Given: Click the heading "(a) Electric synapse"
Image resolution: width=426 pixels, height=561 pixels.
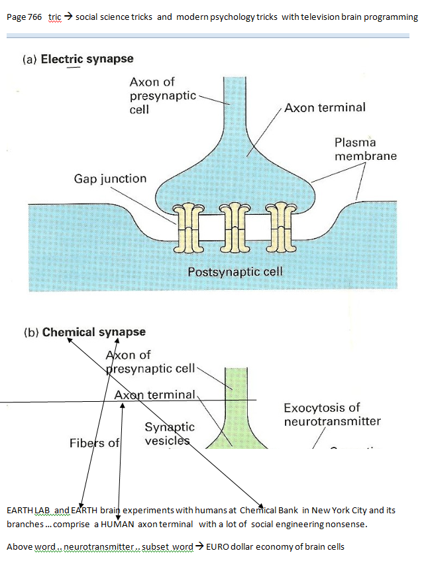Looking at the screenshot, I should pyautogui.click(x=78, y=59).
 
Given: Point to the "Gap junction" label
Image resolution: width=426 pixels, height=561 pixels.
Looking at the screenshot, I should pyautogui.click(x=110, y=179).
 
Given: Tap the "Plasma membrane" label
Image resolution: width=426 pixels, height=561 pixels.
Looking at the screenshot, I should pyautogui.click(x=365, y=149).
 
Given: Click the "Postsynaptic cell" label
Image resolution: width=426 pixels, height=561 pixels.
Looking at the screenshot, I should pyautogui.click(x=235, y=272).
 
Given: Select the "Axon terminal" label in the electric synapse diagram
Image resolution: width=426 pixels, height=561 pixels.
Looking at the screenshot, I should pyautogui.click(x=325, y=107).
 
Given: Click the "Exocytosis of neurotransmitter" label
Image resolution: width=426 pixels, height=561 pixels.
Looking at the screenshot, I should pyautogui.click(x=332, y=414).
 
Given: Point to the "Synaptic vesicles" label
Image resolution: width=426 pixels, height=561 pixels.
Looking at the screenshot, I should pyautogui.click(x=170, y=434).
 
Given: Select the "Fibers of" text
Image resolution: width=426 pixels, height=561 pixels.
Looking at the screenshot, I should pyautogui.click(x=94, y=442).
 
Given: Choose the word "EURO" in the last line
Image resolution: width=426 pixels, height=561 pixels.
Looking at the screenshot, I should pyautogui.click(x=219, y=546).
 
